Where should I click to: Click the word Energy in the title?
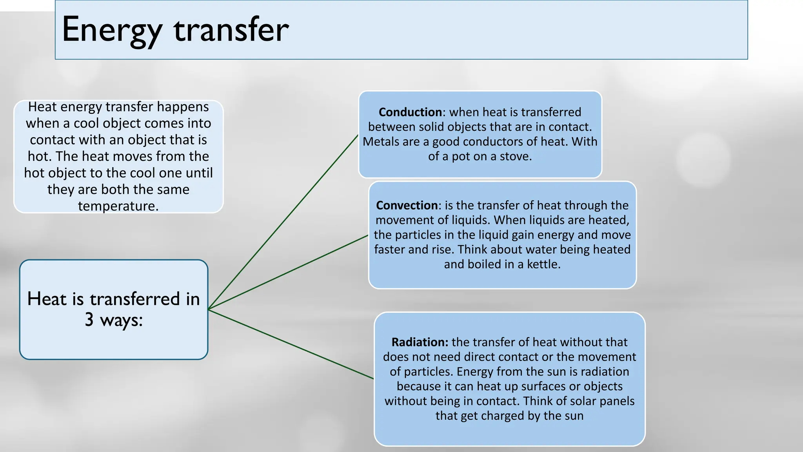tap(112, 30)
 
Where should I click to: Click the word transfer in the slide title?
tap(231, 30)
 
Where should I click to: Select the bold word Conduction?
tap(410, 112)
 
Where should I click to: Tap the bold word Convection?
tap(407, 205)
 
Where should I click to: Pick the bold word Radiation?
tap(420, 342)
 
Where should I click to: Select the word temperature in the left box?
tap(118, 206)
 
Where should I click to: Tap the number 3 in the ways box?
tap(89, 319)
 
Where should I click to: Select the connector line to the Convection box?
tap(288, 272)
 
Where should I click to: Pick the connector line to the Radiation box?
tap(290, 344)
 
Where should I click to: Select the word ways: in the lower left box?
tap(121, 320)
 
